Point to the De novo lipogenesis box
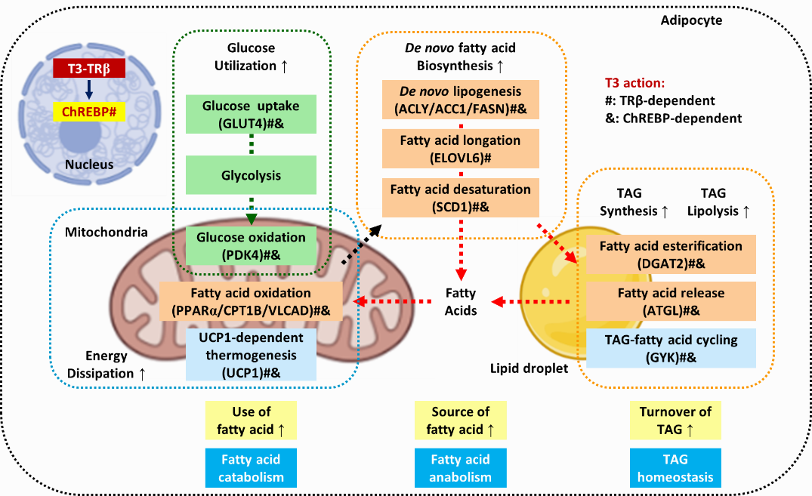(460, 100)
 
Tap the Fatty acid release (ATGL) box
(671, 301)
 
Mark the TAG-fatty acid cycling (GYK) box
(671, 349)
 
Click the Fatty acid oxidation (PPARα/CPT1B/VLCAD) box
(251, 301)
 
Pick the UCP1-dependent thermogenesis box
(251, 354)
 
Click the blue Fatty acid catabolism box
(249, 467)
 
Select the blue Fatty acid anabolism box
(460, 467)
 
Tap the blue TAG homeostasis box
(675, 467)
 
